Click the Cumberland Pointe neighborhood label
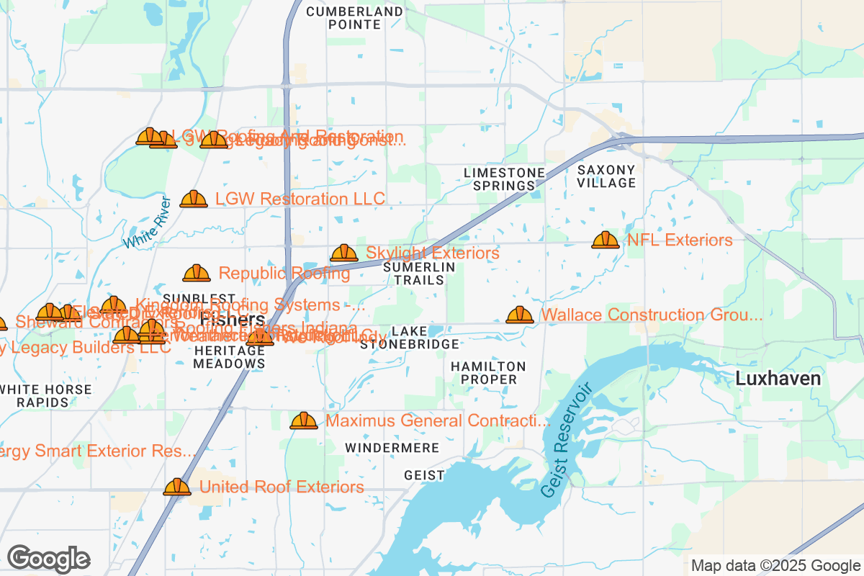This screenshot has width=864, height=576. point(354,18)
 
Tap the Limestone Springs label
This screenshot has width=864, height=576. point(504,179)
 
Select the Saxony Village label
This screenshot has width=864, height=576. point(606,176)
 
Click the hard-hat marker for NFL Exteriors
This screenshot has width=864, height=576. point(605,240)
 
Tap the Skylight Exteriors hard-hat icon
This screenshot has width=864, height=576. point(343,253)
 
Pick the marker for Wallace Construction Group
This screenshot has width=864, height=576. point(520,315)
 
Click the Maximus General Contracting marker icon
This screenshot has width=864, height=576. point(304,421)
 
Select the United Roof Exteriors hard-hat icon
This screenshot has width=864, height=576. point(177,487)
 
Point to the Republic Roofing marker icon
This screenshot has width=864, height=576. point(197,274)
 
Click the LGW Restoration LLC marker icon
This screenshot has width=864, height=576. point(194,199)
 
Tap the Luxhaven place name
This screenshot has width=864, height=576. point(778,379)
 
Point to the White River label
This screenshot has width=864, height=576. point(146,222)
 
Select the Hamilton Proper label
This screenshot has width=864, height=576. point(488,373)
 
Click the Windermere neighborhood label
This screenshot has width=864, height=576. point(392,448)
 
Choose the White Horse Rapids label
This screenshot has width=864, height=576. point(45,396)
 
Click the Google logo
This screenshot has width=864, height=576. point(48,559)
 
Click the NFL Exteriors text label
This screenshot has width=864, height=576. point(680,240)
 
